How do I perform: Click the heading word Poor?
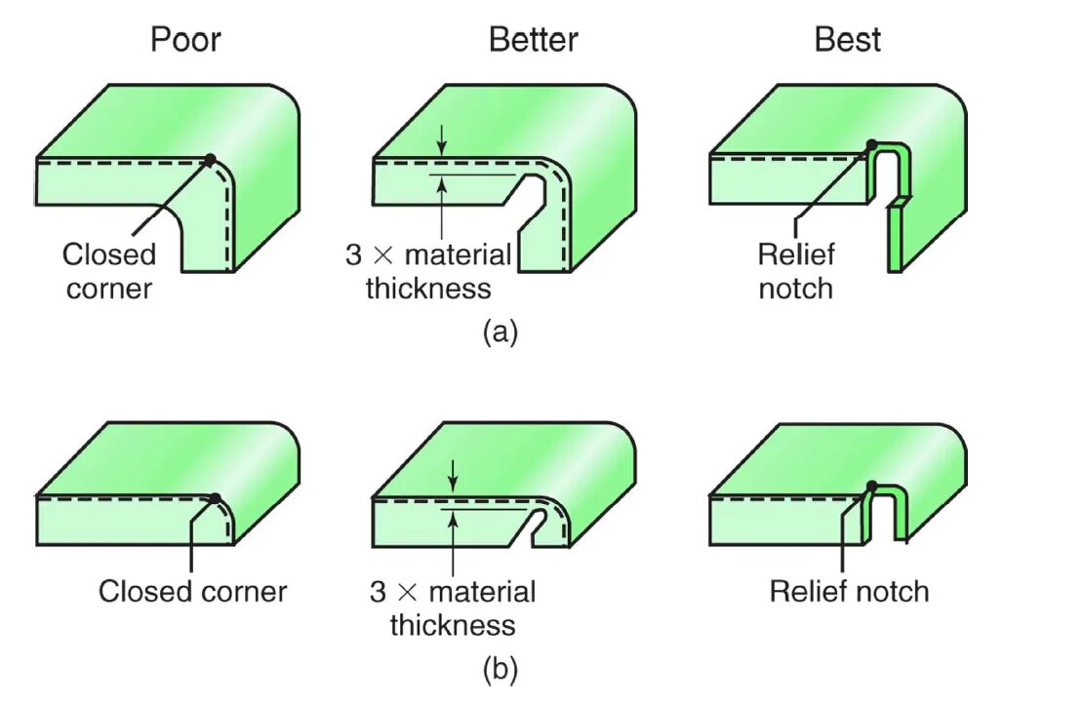pos(185,40)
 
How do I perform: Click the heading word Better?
pos(533,40)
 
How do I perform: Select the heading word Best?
pos(848,40)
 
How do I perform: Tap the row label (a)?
pos(501,332)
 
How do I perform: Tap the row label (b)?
pos(501,670)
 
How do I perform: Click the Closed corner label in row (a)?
pos(109,271)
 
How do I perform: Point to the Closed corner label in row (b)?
pos(192,592)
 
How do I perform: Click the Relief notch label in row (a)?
pos(796,271)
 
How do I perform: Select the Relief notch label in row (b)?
pos(849,592)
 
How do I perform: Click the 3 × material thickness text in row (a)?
pos(428,271)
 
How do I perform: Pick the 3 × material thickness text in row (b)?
pos(453,607)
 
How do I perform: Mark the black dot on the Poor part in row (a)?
pos(209,159)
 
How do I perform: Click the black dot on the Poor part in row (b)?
pos(216,498)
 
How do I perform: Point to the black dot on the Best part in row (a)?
pos(871,145)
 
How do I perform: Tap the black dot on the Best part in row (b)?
pos(871,486)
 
